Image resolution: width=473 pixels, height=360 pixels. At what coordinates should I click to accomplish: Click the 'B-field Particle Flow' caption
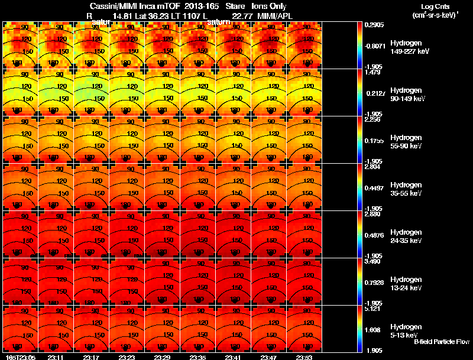pos(441,342)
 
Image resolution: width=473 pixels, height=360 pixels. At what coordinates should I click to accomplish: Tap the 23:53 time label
pos(305,357)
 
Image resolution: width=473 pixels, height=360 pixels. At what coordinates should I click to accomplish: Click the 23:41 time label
pos(234,357)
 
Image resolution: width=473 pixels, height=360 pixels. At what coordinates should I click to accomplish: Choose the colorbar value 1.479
pos(372,72)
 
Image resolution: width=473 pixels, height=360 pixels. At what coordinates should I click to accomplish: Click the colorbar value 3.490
pos(372,261)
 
